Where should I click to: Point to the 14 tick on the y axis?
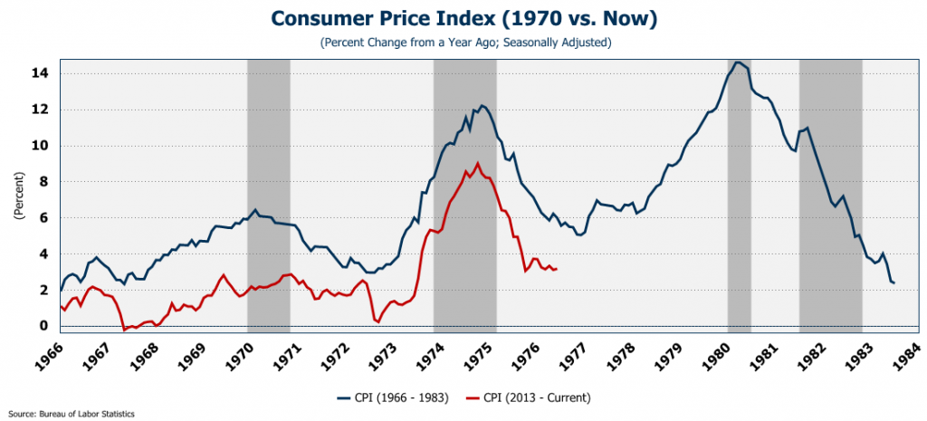(41, 73)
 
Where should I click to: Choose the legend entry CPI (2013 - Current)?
(530, 397)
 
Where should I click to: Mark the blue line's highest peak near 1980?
(738, 62)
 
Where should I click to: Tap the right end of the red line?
(556, 269)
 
